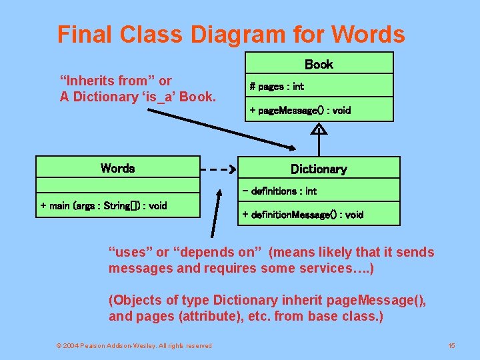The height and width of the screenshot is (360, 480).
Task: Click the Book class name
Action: [x=319, y=64]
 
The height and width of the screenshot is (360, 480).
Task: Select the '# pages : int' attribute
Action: [x=277, y=86]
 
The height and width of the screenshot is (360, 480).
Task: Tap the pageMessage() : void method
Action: [x=300, y=110]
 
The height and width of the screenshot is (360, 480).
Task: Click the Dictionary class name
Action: [x=319, y=169]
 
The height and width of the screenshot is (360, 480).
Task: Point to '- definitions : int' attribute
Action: [x=279, y=191]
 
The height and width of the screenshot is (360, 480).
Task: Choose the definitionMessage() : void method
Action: [x=303, y=214]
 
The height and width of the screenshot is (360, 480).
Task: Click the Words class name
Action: [x=117, y=168]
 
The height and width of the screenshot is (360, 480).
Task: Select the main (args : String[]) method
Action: [x=103, y=205]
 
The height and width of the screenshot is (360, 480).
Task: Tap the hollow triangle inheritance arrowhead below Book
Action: [x=319, y=130]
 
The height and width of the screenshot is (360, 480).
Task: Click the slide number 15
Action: [x=451, y=345]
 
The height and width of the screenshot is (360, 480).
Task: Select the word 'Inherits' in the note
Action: [x=91, y=81]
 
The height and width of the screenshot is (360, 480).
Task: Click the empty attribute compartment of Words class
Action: [x=117, y=186]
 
